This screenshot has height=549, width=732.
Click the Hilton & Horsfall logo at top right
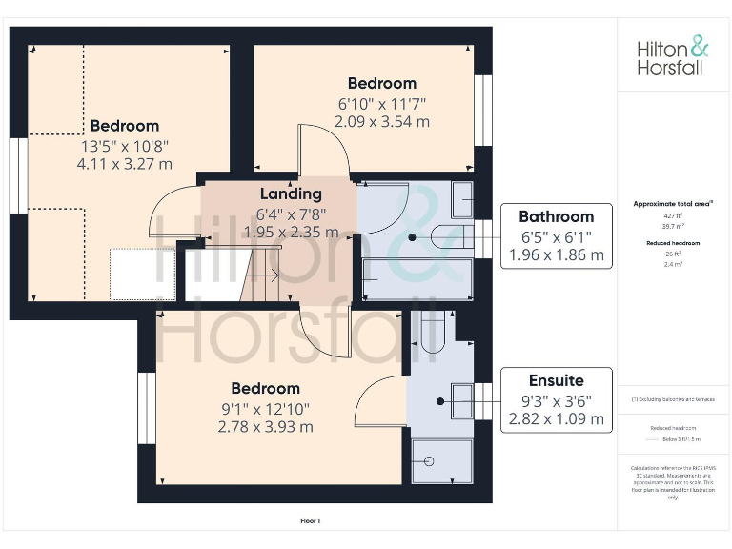point(673,56)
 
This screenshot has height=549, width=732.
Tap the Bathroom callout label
point(556,216)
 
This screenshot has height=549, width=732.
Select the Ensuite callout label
point(556,379)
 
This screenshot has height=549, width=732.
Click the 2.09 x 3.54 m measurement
point(381,121)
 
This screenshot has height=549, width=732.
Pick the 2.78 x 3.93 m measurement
point(265,426)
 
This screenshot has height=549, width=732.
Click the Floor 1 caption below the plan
point(311,521)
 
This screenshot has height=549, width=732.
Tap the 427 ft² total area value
point(673,216)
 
